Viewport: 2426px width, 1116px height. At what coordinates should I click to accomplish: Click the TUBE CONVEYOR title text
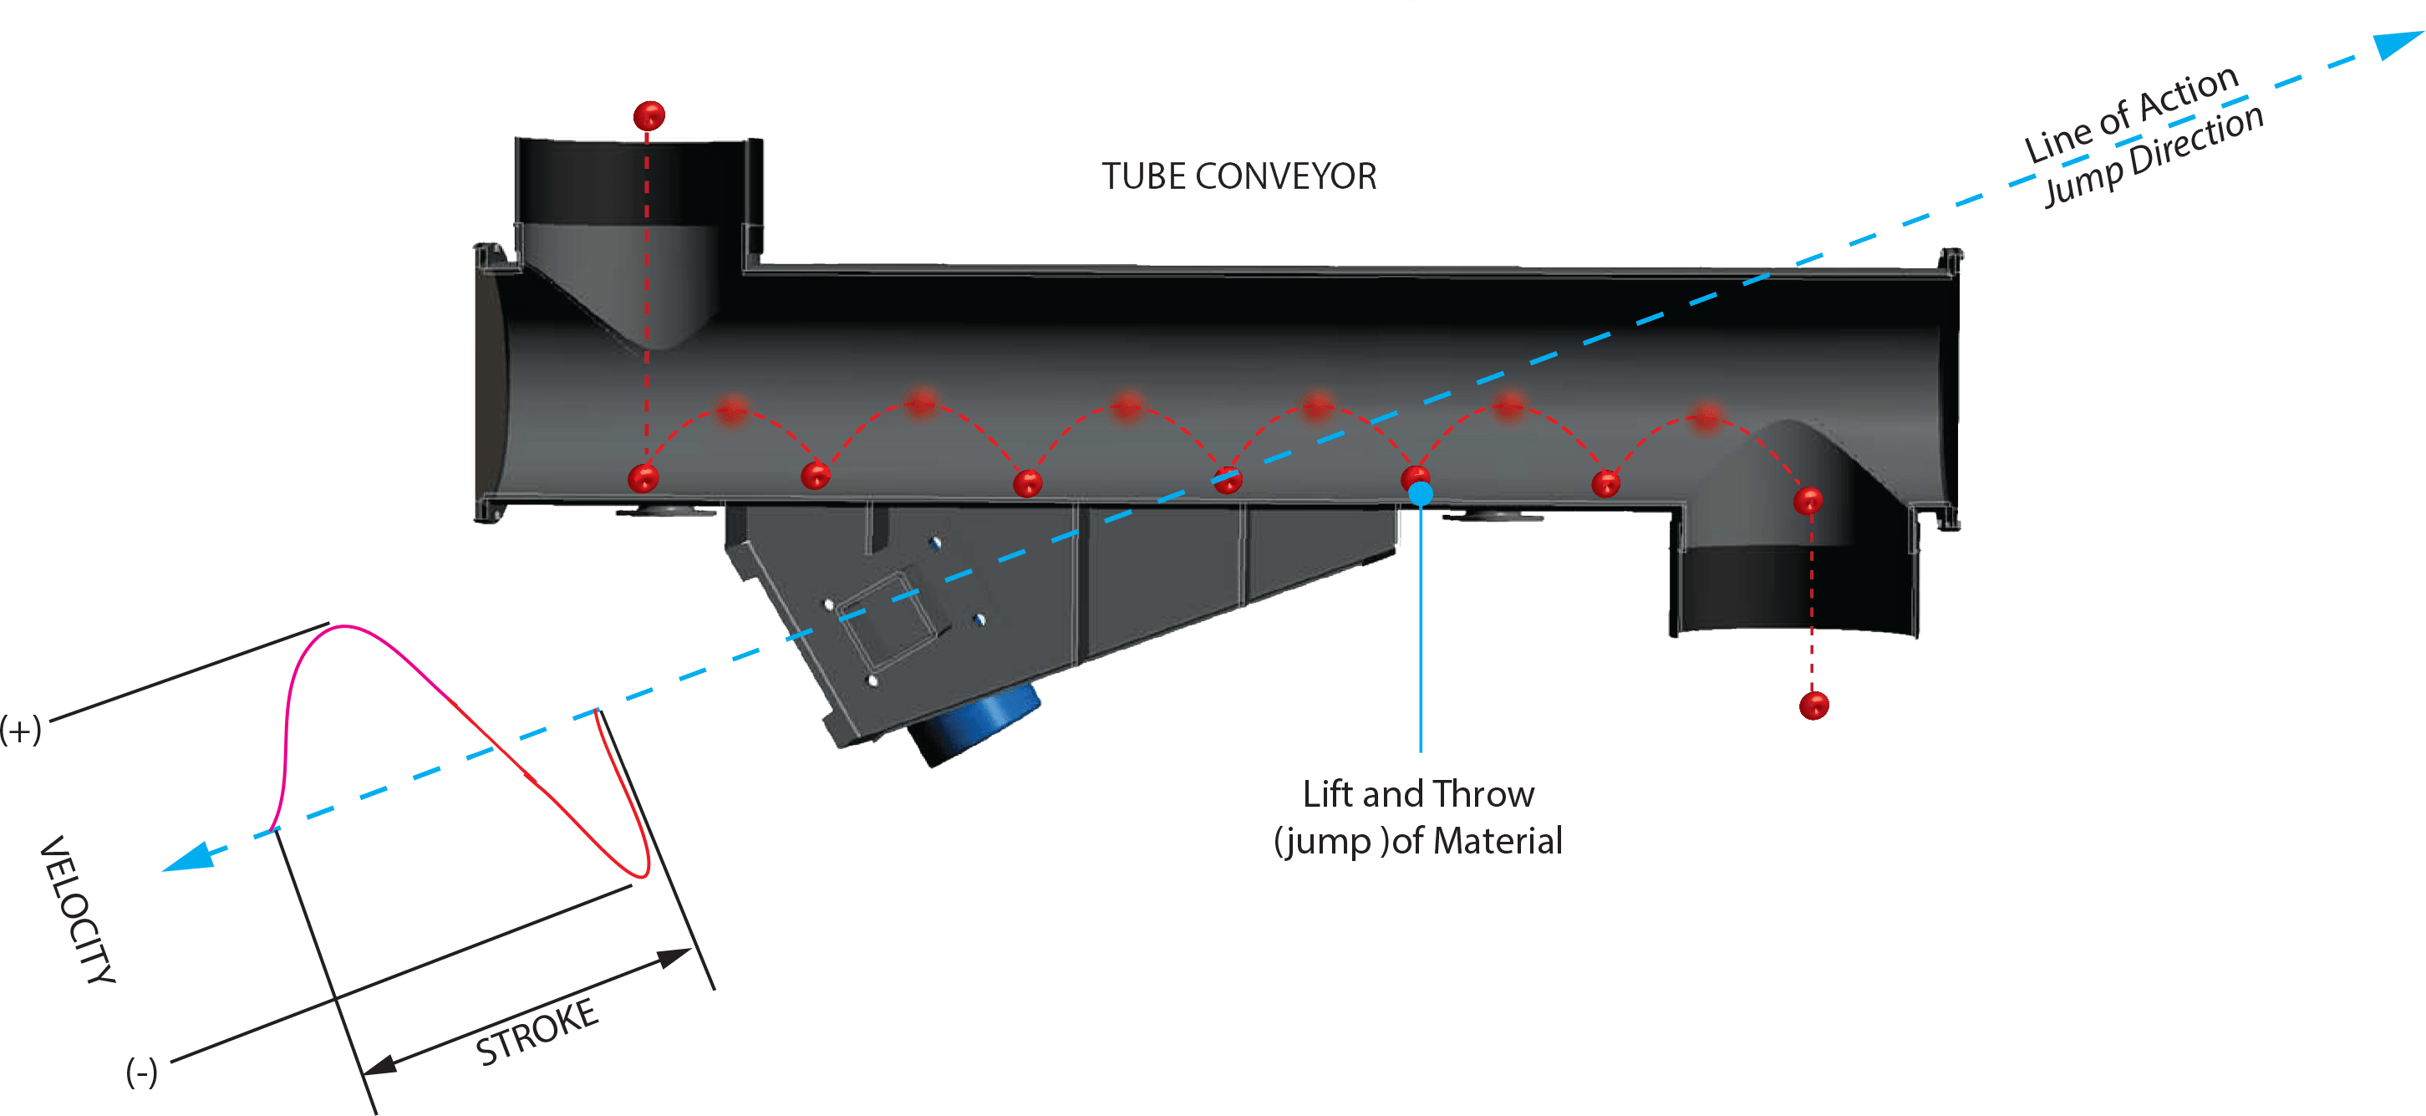[1238, 176]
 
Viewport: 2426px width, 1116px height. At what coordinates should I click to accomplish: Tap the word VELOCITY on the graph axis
[77, 910]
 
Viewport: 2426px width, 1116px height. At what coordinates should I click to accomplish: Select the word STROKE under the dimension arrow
[537, 1032]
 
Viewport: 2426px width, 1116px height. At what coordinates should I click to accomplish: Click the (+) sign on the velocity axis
[21, 730]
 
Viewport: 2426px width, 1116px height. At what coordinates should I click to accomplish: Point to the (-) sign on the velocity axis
[142, 1072]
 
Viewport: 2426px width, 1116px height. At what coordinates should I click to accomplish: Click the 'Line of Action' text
[2130, 114]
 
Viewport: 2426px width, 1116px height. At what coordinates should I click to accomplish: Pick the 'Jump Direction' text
[2154, 155]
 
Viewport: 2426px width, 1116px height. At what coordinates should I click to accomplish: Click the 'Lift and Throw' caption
[1418, 794]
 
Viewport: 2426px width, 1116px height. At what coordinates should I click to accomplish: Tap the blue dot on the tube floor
[1420, 493]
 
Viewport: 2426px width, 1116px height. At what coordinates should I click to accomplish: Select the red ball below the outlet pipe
[1813, 706]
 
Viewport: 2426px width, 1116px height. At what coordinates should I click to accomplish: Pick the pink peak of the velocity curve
[343, 626]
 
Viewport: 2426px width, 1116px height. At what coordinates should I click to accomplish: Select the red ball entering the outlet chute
[1808, 501]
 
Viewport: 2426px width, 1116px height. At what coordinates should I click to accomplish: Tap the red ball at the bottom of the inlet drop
[643, 478]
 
